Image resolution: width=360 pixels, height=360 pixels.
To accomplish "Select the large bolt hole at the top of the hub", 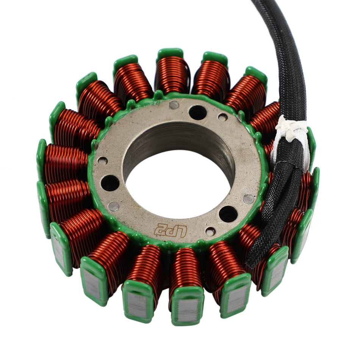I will (197, 113).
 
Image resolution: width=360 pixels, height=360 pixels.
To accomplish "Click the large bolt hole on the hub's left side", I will (110, 183).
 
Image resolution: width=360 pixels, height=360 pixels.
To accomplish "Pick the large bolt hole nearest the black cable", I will (228, 214).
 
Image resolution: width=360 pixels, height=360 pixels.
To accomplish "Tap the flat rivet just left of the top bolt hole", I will (174, 105).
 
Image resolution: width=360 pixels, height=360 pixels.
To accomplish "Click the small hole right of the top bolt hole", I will (223, 117).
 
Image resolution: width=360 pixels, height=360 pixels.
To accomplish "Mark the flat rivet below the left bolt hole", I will (114, 206).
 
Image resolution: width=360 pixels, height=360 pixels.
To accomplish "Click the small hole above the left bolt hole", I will (102, 161).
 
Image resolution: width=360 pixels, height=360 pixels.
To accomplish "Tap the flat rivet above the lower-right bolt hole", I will (249, 199).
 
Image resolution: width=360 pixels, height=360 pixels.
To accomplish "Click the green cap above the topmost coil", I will (170, 53).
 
